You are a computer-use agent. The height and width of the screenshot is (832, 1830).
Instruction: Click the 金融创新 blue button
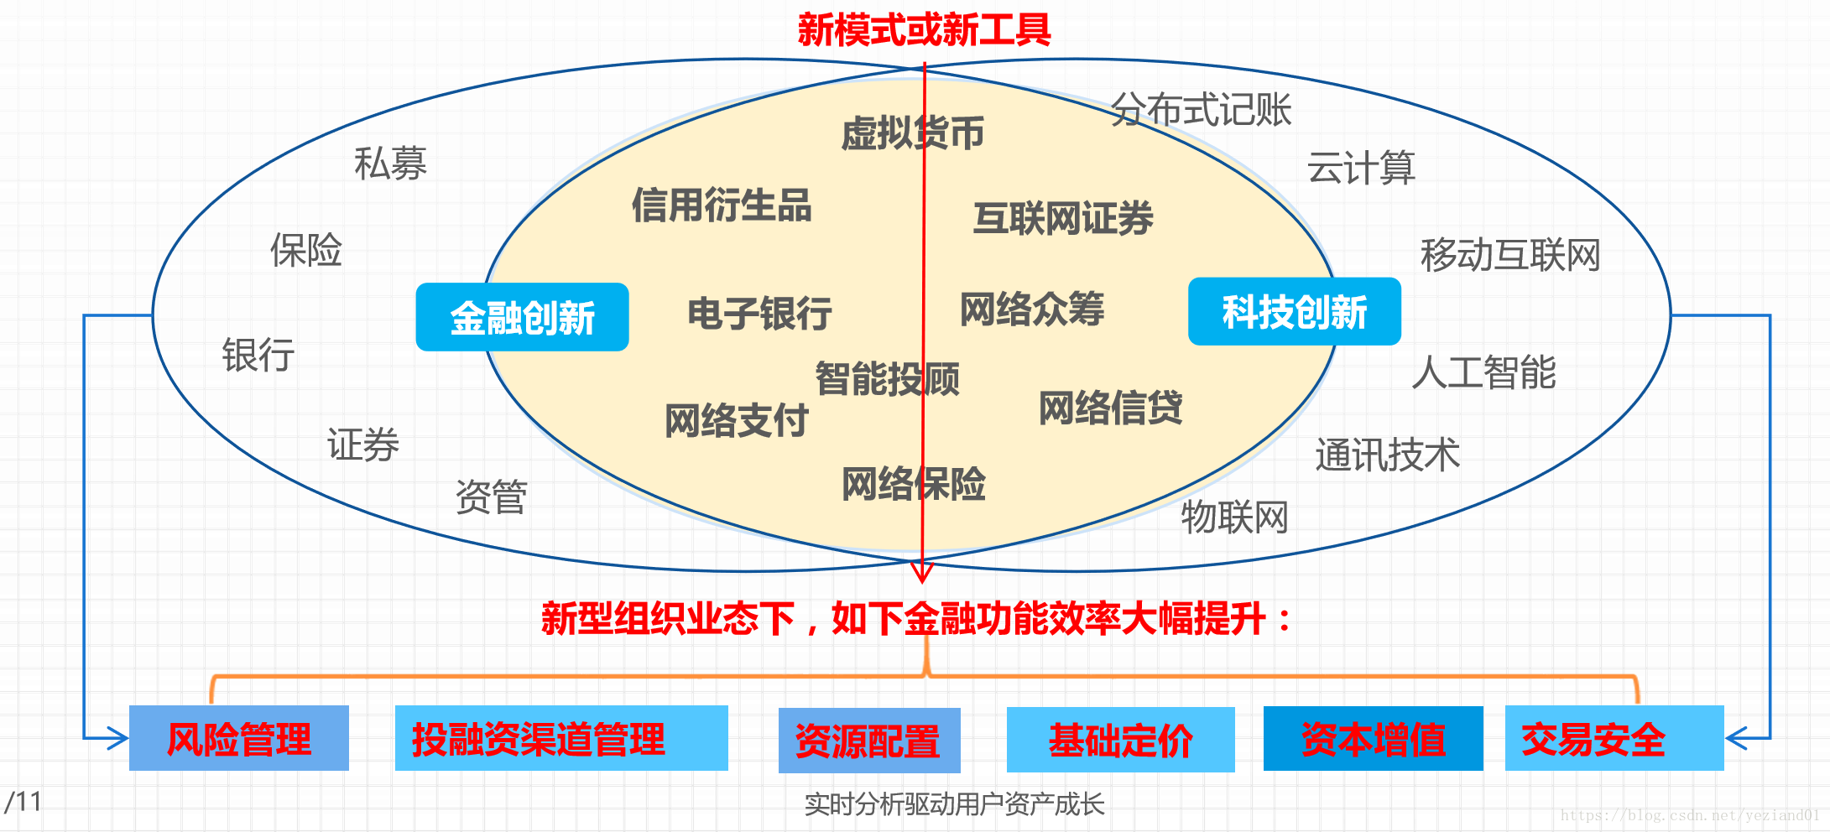click(x=522, y=317)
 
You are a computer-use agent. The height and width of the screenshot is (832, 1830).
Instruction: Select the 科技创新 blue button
click(x=1294, y=311)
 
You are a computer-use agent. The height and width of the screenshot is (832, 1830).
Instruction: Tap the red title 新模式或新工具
click(x=924, y=30)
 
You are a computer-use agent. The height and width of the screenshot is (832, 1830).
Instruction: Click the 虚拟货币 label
click(x=912, y=133)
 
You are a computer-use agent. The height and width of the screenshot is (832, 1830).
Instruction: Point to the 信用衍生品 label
click(x=722, y=205)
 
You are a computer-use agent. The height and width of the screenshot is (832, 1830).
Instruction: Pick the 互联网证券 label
click(x=1063, y=219)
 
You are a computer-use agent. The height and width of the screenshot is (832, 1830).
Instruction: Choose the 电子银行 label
click(x=759, y=314)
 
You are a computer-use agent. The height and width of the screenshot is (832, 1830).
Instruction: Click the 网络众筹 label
click(x=1032, y=309)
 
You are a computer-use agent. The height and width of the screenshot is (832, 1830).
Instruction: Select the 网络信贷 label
click(x=1110, y=408)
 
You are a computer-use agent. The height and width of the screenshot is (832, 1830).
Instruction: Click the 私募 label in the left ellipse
click(x=390, y=164)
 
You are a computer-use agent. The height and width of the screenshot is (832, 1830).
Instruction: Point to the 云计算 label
click(x=1361, y=168)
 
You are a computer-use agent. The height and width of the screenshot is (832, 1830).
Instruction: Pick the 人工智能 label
click(x=1483, y=372)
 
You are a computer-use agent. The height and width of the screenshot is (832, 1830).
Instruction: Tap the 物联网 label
click(x=1234, y=517)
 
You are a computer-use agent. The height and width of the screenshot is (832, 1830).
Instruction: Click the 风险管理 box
click(x=239, y=739)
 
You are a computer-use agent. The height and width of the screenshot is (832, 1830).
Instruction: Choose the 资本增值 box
click(x=1373, y=739)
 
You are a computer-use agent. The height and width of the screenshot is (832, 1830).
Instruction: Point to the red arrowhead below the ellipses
click(x=922, y=574)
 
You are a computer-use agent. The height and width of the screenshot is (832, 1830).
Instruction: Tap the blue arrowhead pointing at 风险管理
click(x=118, y=738)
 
